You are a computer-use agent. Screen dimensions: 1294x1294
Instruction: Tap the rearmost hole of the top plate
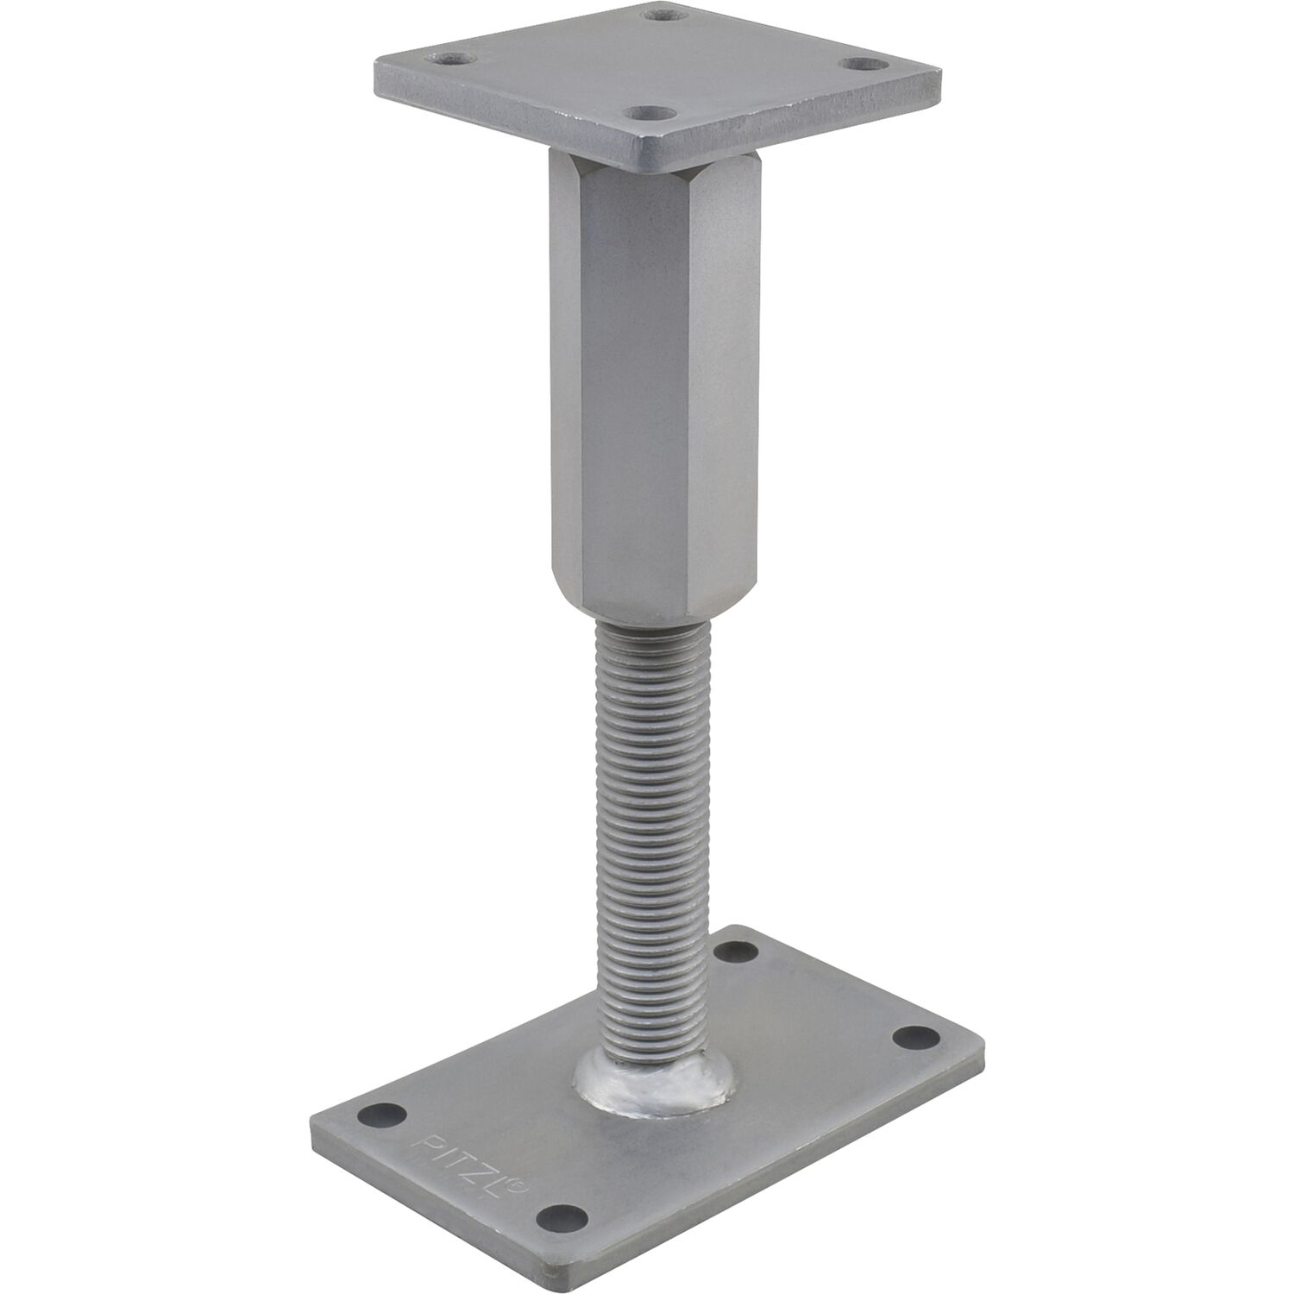coord(665,14)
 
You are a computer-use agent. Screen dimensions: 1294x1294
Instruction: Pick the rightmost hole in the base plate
coord(916,1036)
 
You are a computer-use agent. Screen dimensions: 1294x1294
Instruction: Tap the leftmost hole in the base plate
coord(381,1113)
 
